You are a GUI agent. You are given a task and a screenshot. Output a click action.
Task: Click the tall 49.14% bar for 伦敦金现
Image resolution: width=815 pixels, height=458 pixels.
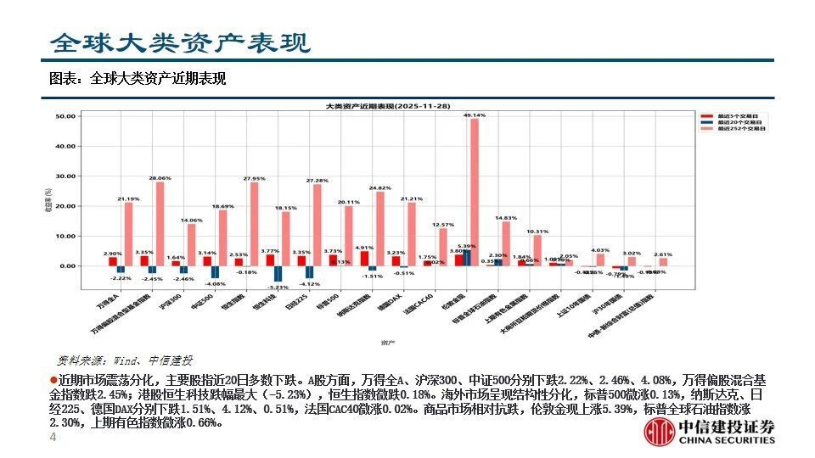(475, 192)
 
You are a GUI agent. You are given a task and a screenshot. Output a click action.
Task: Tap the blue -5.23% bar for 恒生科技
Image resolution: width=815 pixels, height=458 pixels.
(278, 273)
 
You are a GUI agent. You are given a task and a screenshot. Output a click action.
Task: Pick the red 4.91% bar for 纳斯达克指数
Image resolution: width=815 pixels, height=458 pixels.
(364, 258)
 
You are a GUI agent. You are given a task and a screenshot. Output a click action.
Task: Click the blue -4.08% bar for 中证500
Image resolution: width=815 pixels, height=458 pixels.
(215, 271)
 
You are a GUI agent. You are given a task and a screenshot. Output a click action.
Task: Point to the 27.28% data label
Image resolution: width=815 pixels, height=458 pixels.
(317, 181)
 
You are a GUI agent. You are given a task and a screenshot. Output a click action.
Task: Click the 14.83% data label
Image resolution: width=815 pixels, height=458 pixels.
(506, 218)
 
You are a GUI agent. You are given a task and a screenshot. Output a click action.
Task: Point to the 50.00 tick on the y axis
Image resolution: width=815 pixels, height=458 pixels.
(66, 116)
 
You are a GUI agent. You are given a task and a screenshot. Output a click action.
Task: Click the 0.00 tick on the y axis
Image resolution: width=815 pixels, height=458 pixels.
(68, 265)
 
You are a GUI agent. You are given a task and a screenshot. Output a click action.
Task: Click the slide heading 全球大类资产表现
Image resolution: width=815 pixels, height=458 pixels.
(179, 42)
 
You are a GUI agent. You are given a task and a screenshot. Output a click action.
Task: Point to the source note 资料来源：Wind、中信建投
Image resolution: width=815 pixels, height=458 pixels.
(125, 360)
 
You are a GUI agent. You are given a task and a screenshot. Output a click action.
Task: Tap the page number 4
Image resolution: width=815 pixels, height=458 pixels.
(53, 437)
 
